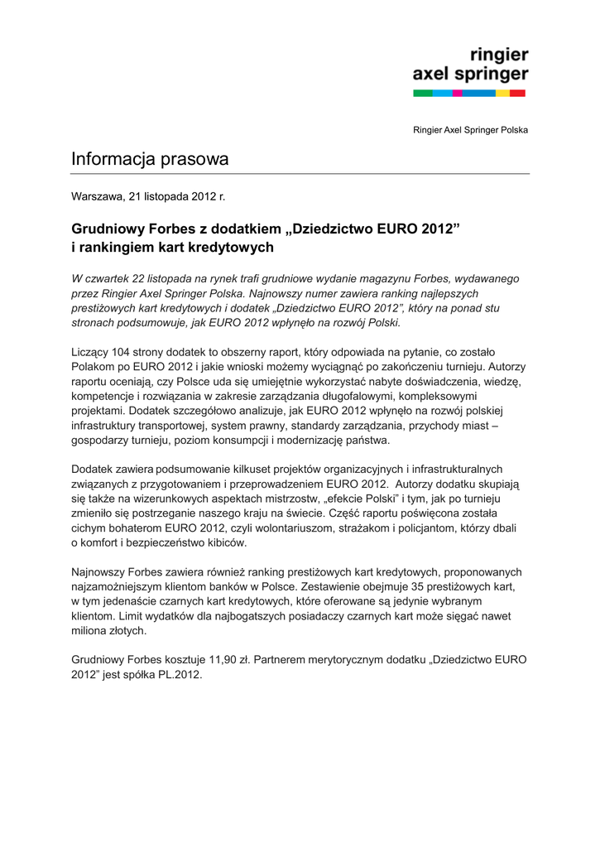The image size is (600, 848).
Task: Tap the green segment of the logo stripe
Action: [x=422, y=94]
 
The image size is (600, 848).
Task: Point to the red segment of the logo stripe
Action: [x=518, y=94]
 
